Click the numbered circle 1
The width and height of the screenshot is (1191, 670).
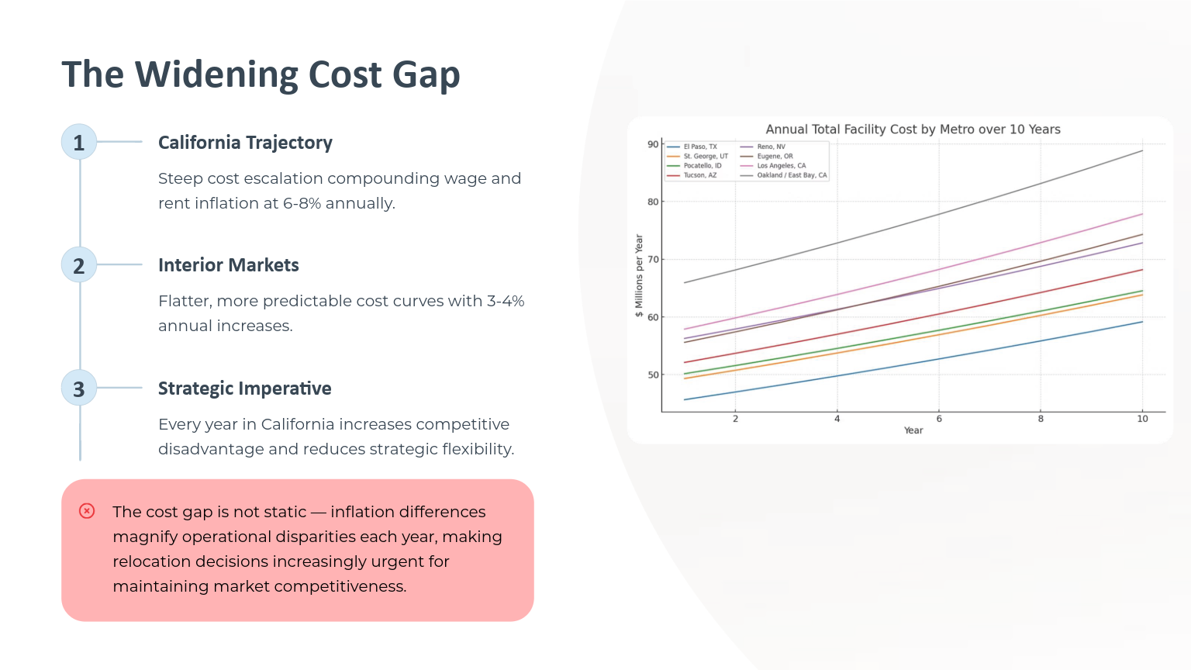pyautogui.click(x=78, y=142)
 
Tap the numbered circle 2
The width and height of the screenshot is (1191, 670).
pyautogui.click(x=78, y=264)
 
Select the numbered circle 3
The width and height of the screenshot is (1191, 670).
pyautogui.click(x=78, y=389)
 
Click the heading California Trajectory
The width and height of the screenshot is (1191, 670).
pyautogui.click(x=245, y=143)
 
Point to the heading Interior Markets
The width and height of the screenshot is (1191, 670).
pyautogui.click(x=229, y=264)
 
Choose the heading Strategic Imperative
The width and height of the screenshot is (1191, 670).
pyautogui.click(x=244, y=389)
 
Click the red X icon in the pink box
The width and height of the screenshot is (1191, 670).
pyautogui.click(x=87, y=511)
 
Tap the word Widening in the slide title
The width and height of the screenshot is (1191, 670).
pyautogui.click(x=216, y=74)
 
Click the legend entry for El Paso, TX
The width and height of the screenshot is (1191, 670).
pyautogui.click(x=692, y=147)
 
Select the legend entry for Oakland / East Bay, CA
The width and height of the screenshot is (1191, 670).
pyautogui.click(x=784, y=175)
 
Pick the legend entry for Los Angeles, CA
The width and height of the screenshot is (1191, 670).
pyautogui.click(x=773, y=166)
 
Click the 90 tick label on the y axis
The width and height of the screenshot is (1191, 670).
pyautogui.click(x=652, y=145)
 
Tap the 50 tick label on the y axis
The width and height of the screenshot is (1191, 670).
pyautogui.click(x=652, y=375)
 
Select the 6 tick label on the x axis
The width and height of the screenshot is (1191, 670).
pyautogui.click(x=939, y=419)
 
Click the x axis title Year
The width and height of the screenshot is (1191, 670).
pyautogui.click(x=913, y=430)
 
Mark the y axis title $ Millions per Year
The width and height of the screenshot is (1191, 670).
pyautogui.click(x=639, y=275)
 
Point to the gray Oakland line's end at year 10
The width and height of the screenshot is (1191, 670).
pyautogui.click(x=1142, y=150)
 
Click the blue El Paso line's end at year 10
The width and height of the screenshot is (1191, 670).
pyautogui.click(x=1142, y=322)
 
